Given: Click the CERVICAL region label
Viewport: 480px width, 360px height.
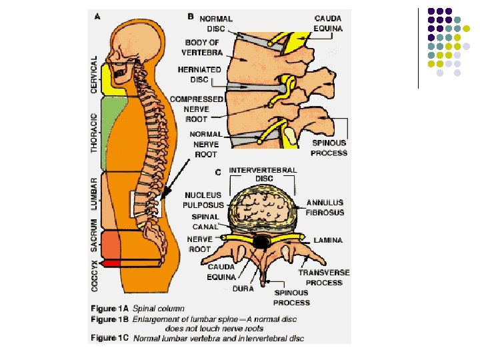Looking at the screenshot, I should tap(95, 73).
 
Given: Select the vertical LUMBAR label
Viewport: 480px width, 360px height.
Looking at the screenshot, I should tap(95, 193).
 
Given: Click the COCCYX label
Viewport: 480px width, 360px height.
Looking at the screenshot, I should tap(95, 274).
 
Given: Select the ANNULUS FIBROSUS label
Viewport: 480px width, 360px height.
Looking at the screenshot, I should tap(325, 207).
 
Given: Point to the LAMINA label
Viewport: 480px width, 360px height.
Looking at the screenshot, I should tap(328, 239).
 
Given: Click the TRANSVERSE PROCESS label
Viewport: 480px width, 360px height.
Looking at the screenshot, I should tap(323, 277).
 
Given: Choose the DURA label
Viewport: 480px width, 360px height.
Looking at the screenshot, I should tap(243, 289).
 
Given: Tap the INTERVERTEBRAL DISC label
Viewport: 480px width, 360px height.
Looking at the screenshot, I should tap(263, 174).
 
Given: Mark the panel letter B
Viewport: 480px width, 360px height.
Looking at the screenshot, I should tap(191, 17).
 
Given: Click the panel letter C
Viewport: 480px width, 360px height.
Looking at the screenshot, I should tap(217, 171).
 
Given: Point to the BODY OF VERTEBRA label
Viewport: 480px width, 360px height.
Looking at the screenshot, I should tap(201, 47).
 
